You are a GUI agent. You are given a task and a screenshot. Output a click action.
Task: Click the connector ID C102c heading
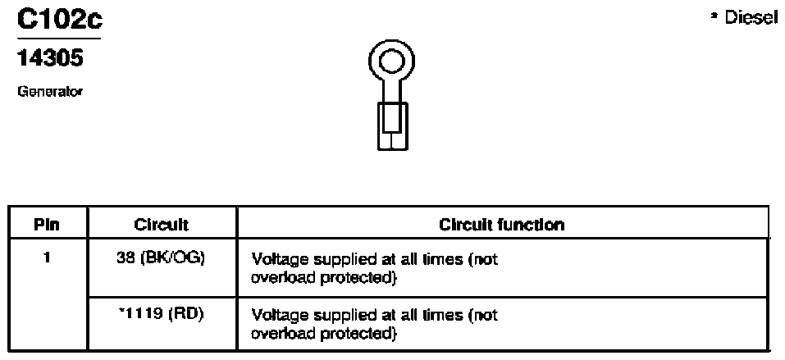click(x=60, y=20)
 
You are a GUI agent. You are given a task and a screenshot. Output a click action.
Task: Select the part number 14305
click(x=49, y=59)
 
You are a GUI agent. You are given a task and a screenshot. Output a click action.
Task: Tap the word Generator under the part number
click(x=49, y=92)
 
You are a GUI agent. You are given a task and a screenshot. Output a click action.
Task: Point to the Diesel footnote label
click(x=744, y=19)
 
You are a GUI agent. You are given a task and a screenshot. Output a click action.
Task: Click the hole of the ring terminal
click(x=391, y=62)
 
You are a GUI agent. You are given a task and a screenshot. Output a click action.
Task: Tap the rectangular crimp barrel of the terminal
click(x=392, y=125)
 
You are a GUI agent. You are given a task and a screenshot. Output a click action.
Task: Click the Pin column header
click(x=47, y=225)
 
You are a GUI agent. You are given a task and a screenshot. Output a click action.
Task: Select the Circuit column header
click(x=161, y=225)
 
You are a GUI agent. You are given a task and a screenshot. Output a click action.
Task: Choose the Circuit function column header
click(x=502, y=225)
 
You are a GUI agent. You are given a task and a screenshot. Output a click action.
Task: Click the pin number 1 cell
click(x=47, y=260)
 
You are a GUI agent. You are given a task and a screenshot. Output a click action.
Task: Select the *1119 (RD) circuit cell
click(x=158, y=316)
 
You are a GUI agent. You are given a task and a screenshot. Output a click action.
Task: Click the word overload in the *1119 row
click(x=281, y=333)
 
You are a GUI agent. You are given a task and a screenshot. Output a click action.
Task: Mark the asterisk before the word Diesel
click(x=714, y=16)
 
